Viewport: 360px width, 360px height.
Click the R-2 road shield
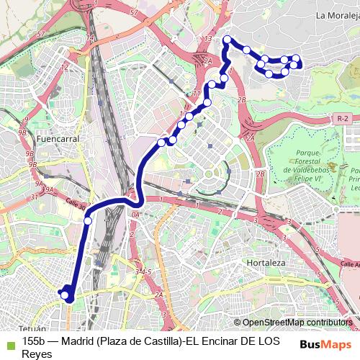click(343, 117)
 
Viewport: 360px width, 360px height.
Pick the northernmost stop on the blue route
click(228, 40)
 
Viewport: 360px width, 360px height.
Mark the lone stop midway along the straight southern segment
click(88, 221)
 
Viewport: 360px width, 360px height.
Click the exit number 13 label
click(209, 38)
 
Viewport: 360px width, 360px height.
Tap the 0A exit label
click(135, 214)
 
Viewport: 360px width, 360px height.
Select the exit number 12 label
click(65, 67)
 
